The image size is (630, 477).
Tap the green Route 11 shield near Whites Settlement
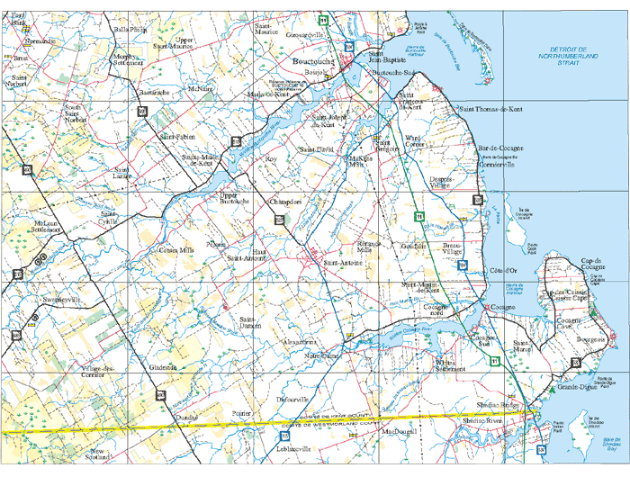click(494, 361)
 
